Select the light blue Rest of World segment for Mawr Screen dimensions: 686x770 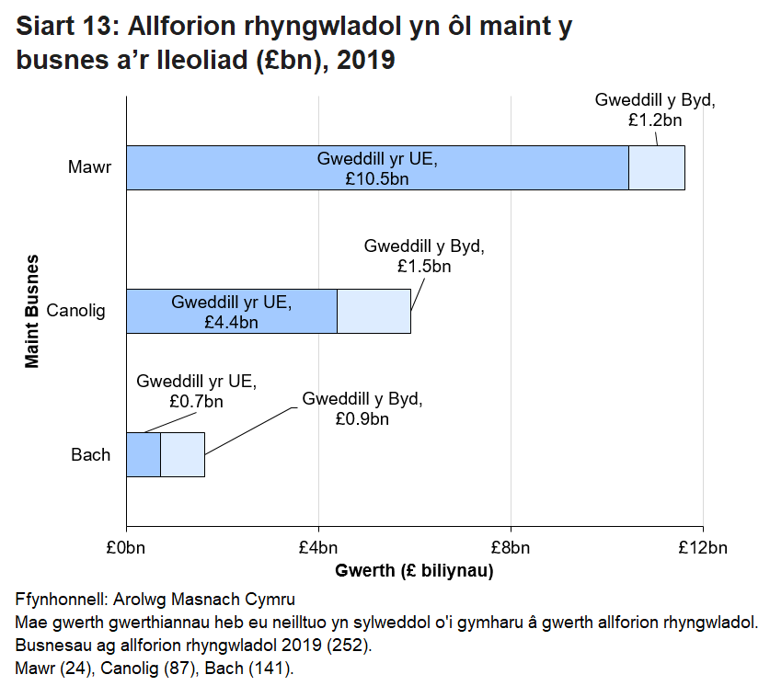pos(657,167)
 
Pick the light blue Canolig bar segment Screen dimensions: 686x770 pos(374,311)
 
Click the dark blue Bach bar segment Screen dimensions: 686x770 pos(143,454)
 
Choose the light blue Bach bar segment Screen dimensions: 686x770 pos(182,454)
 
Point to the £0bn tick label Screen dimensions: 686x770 pos(126,549)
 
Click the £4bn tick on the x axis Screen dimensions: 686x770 pos(318,549)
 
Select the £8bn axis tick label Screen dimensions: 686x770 pos(511,549)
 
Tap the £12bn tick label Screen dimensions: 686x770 pos(703,549)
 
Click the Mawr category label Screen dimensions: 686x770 pos(89,167)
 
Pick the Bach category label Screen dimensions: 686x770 pos(91,454)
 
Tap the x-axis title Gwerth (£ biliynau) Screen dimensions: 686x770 pos(415,572)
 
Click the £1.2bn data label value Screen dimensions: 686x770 pos(656,120)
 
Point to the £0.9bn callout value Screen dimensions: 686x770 pos(362,419)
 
